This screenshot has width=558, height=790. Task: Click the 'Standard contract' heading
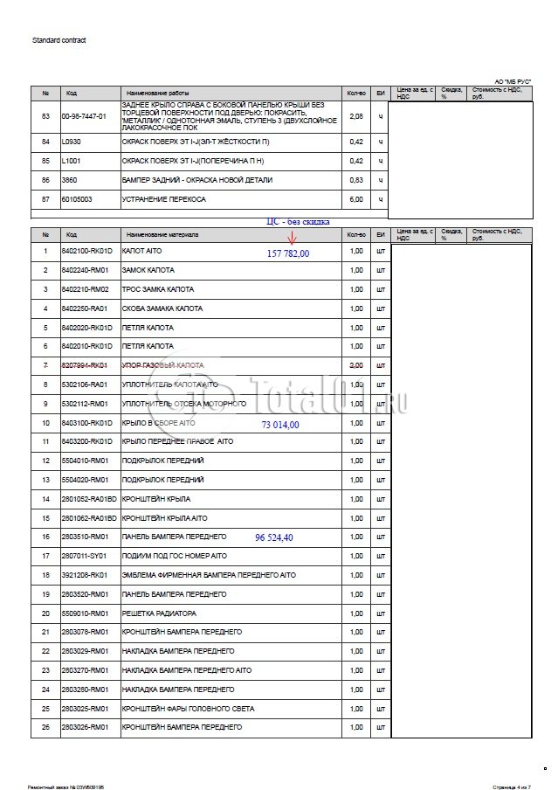click(59, 40)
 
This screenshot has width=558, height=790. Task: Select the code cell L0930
click(72, 141)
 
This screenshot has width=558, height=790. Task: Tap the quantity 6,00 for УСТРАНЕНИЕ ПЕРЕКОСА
click(355, 199)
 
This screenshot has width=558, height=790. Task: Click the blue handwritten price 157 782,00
click(287, 253)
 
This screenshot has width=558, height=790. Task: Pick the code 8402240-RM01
click(85, 270)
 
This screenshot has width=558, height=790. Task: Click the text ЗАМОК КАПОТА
click(148, 270)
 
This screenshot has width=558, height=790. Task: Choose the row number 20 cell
click(45, 613)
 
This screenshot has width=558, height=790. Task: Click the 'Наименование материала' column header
click(163, 234)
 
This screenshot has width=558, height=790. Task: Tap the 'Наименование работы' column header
click(157, 92)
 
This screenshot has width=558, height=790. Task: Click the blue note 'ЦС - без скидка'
click(298, 222)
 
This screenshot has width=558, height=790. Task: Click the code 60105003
click(78, 199)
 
